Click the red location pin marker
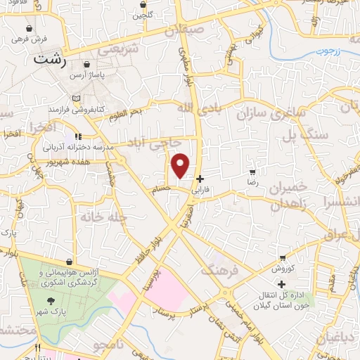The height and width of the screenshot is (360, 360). [x=181, y=165]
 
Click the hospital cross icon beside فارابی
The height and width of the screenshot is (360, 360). [x=201, y=179]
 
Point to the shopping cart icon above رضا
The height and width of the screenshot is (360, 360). [x=252, y=172]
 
